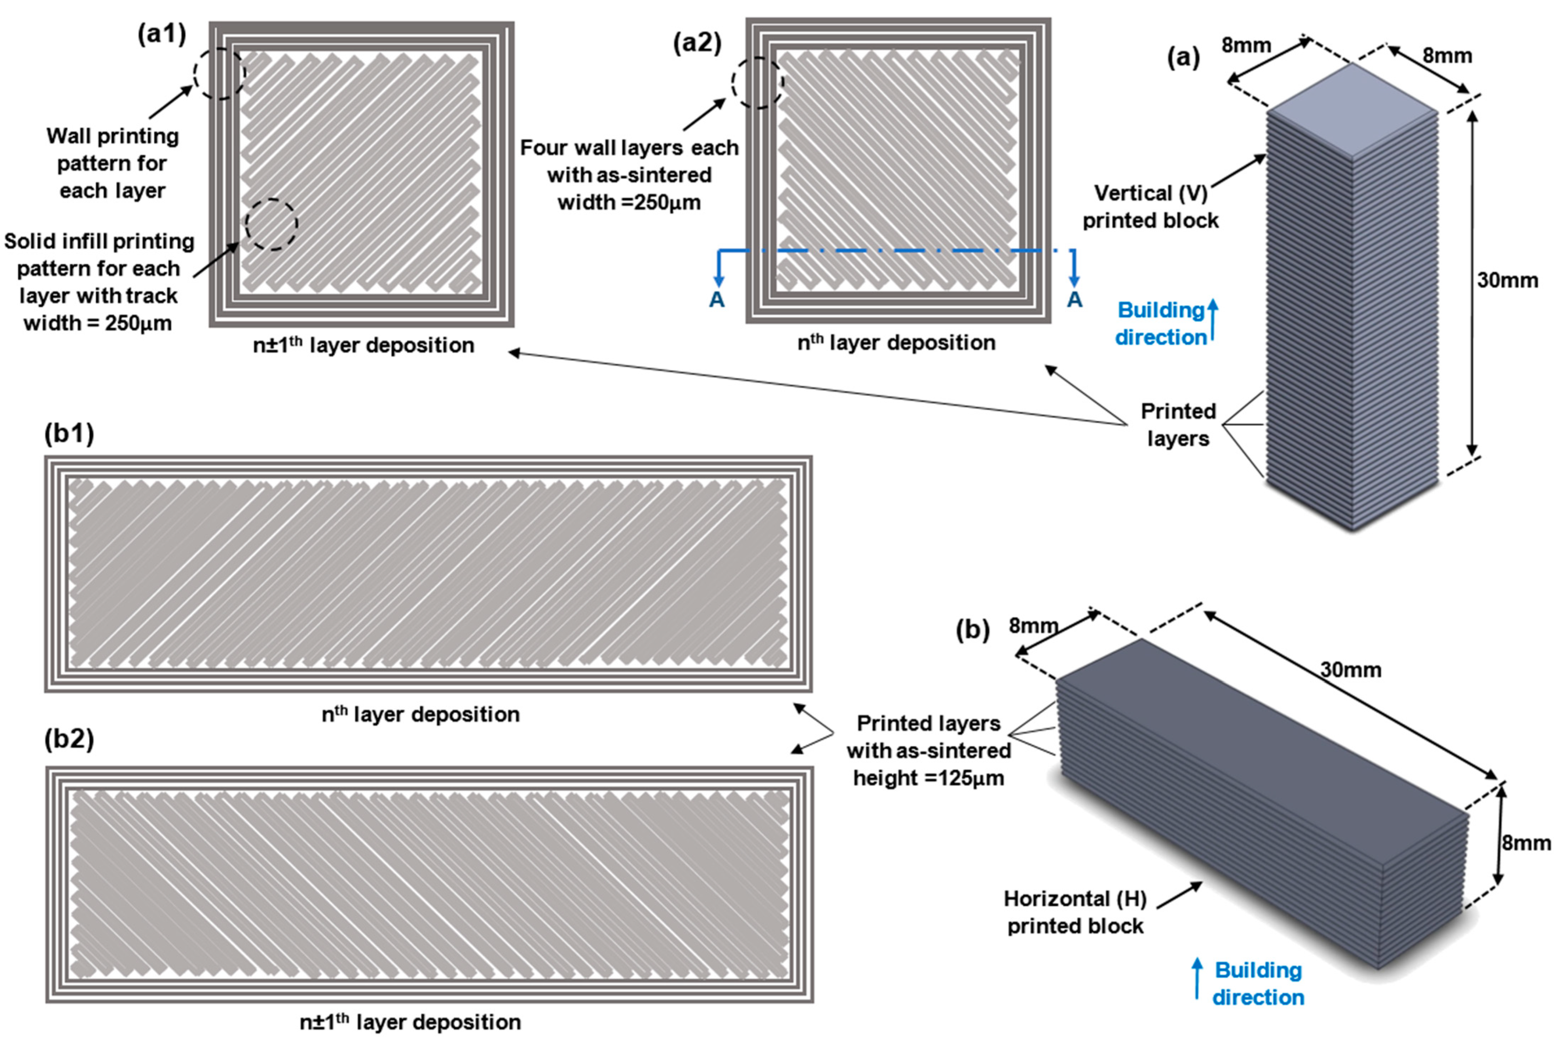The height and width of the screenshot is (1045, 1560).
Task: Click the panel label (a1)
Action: (161, 33)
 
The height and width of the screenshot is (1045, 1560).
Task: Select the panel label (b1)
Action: (69, 433)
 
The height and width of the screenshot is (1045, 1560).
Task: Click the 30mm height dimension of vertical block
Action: (1507, 280)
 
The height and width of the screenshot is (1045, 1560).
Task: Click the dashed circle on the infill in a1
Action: (271, 225)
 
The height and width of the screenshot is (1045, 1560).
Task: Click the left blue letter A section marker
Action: (717, 300)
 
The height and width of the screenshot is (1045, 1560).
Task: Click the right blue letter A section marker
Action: (1074, 300)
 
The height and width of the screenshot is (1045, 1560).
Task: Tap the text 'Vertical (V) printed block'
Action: (1150, 206)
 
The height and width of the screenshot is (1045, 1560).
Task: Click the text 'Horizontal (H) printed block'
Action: (1075, 912)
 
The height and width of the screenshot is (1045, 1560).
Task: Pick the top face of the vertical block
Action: (1352, 110)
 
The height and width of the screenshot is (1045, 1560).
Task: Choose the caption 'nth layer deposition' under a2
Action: (896, 343)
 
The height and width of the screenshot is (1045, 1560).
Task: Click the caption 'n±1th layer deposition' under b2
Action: (410, 1022)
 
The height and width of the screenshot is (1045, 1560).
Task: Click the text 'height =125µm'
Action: (928, 778)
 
